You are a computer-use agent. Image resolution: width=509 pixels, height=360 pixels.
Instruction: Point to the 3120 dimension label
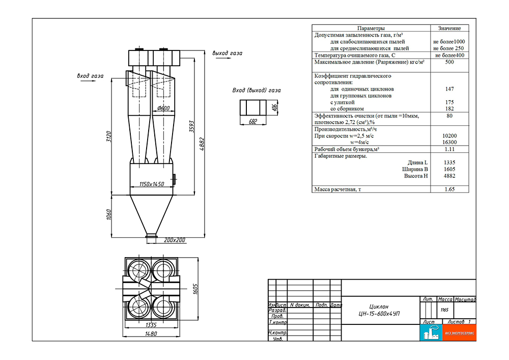pyautogui.click(x=109, y=136)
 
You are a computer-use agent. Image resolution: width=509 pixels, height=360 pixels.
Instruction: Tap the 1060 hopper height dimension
pyautogui.click(x=109, y=214)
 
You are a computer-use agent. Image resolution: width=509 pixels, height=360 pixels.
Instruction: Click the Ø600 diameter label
pyautogui.click(x=163, y=108)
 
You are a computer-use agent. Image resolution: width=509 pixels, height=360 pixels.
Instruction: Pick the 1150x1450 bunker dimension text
pyautogui.click(x=152, y=184)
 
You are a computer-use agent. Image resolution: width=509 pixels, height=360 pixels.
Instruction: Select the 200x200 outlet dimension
pyautogui.click(x=174, y=240)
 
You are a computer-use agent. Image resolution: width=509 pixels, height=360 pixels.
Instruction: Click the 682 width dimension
pyautogui.click(x=253, y=121)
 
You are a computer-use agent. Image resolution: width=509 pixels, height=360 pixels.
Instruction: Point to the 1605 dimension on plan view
pyautogui.click(x=195, y=289)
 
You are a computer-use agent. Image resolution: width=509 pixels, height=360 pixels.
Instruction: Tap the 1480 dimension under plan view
pyautogui.click(x=151, y=334)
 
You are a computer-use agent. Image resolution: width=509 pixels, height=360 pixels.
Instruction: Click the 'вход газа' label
pyautogui.click(x=90, y=76)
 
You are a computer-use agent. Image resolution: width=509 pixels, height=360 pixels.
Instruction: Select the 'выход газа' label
pyautogui.click(x=227, y=53)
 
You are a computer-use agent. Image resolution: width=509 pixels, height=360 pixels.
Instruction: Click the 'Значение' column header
pyautogui.click(x=449, y=28)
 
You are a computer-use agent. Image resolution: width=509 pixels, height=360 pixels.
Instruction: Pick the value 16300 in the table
pyautogui.click(x=449, y=142)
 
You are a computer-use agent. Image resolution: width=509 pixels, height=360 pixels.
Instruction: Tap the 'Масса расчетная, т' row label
pyautogui.click(x=337, y=189)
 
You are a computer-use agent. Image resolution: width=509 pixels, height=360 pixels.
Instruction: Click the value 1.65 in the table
pyautogui.click(x=449, y=189)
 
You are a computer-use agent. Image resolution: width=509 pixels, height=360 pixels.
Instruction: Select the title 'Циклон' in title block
pyautogui.click(x=379, y=307)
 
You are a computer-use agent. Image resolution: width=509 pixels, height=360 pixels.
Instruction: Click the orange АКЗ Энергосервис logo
pyautogui.click(x=459, y=333)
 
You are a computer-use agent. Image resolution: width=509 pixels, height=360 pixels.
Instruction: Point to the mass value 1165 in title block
pyautogui.click(x=445, y=310)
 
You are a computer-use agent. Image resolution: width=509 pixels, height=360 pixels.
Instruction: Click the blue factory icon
pyautogui.click(x=431, y=333)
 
